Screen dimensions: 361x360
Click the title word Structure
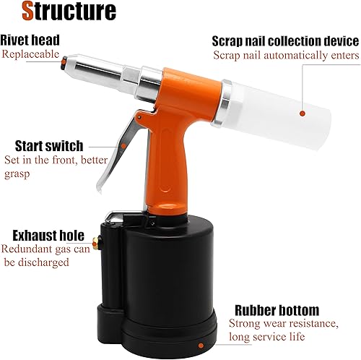coord(69,11)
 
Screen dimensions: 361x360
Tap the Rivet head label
coord(30,40)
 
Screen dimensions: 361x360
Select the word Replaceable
coord(30,54)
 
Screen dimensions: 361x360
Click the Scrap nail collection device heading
coord(285,41)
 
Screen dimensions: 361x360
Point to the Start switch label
coord(49,146)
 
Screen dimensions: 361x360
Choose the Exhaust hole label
coord(48,236)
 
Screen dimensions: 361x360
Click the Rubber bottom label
coord(277,310)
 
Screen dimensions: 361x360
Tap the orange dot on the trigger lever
coord(123,146)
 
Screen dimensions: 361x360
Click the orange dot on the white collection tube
coord(303,113)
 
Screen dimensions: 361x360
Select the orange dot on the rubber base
coord(201,346)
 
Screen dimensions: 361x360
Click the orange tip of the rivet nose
coord(64,62)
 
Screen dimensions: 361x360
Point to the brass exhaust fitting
coord(96,243)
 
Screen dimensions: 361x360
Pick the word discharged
coord(43,262)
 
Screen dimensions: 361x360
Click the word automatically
coord(295,56)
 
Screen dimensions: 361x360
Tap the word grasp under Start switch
coord(17,174)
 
